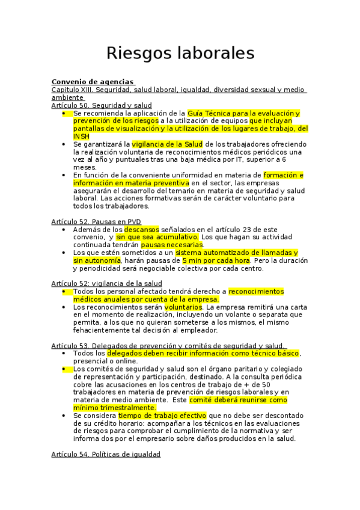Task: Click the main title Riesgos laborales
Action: tap(180, 53)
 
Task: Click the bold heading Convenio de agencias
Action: tap(93, 82)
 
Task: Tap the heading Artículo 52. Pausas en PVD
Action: tap(96, 221)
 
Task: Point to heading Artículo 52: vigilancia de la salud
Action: tap(106, 283)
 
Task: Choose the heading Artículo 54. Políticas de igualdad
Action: tap(106, 455)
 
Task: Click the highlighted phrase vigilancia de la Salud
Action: tap(168, 144)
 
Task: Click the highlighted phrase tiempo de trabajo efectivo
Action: tap(162, 415)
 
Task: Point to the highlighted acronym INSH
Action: tap(81, 136)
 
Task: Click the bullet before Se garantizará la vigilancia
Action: tap(65, 144)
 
